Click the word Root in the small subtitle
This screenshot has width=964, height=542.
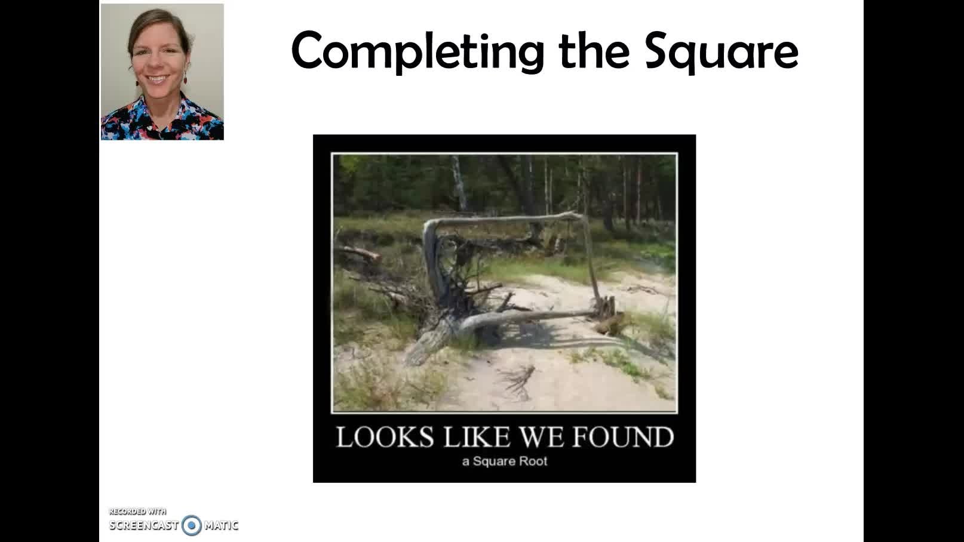coord(533,461)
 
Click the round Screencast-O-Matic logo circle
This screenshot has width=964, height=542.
coord(192,525)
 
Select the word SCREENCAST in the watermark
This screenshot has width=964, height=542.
coord(144,525)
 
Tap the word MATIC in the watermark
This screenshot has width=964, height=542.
coord(221,525)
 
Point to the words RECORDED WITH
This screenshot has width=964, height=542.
coord(138,512)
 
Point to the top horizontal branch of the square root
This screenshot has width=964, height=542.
coord(504,220)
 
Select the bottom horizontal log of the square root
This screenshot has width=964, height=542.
coord(529,318)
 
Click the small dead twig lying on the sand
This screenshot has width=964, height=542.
coord(518,381)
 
